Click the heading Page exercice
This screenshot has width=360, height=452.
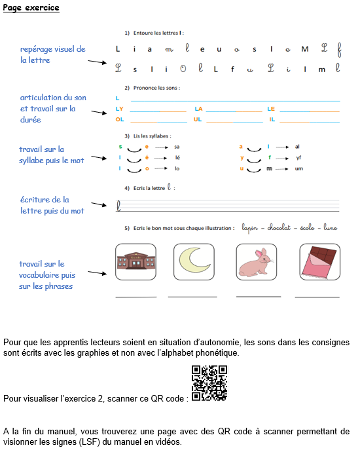(x=31, y=8)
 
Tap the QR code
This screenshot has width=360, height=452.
(x=209, y=383)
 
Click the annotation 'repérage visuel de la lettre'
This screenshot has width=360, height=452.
(x=52, y=54)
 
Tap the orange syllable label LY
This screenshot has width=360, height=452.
(x=120, y=109)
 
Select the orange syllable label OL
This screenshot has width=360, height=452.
(x=120, y=120)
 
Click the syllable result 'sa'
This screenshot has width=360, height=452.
(x=177, y=147)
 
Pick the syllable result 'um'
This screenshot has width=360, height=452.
(x=298, y=168)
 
